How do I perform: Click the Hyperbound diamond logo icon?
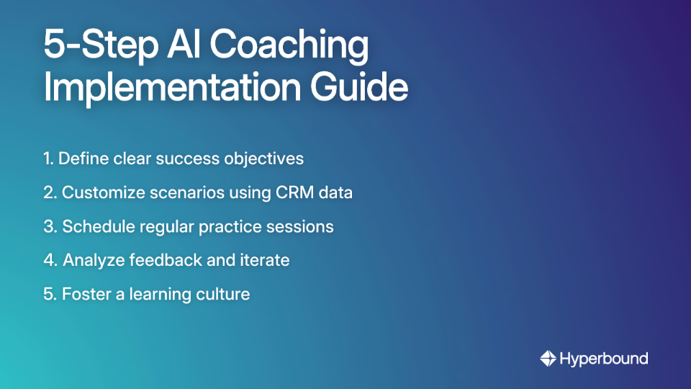(x=548, y=358)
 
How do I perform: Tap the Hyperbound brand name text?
(x=603, y=358)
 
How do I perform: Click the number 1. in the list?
(x=48, y=158)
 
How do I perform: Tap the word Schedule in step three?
(x=91, y=226)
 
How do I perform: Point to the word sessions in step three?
(x=305, y=226)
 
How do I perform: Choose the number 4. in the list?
(x=50, y=260)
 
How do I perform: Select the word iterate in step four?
(x=265, y=260)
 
